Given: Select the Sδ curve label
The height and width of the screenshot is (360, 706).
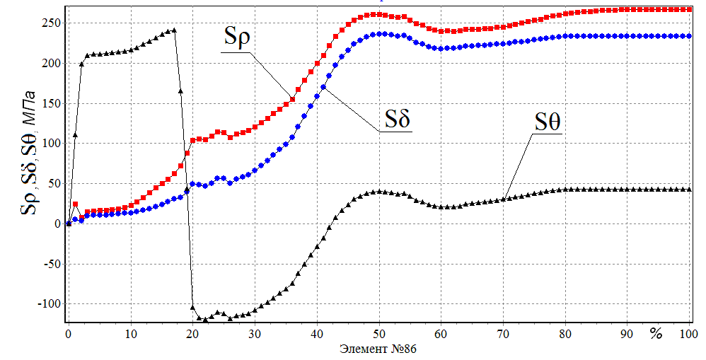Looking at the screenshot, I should (x=398, y=119).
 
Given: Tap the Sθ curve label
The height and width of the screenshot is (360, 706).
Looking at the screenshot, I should (x=548, y=122).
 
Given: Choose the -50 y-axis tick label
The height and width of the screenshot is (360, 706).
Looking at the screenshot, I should (x=48, y=264).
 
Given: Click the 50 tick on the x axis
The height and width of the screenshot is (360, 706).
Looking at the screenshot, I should (x=379, y=333).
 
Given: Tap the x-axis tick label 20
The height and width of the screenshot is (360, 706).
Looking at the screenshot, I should (x=192, y=333).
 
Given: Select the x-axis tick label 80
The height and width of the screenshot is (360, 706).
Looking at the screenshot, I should (x=566, y=333).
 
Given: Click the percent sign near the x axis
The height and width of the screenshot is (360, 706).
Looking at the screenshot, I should (x=656, y=332).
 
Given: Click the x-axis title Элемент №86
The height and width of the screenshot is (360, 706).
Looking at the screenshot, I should (x=379, y=349).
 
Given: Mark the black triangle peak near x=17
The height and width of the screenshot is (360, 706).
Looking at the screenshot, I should (x=174, y=30).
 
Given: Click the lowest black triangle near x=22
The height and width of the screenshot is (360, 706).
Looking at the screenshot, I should (x=205, y=320).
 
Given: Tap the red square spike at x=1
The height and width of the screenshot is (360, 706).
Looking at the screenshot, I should (x=75, y=204).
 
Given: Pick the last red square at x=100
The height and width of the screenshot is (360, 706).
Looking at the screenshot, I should (x=690, y=9).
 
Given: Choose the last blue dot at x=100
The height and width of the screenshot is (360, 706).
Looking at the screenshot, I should (x=690, y=35).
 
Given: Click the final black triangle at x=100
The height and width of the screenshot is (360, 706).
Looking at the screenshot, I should (x=690, y=190).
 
